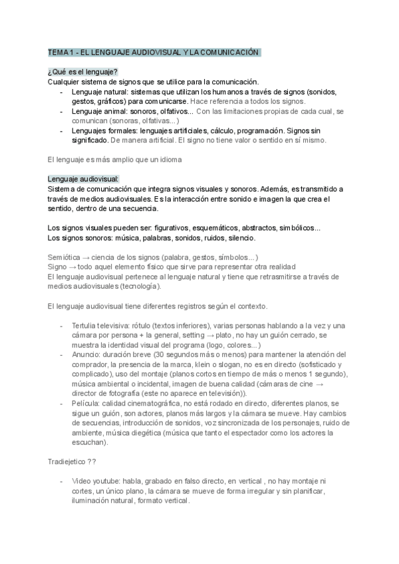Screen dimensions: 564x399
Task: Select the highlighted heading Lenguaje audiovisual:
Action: (x=83, y=180)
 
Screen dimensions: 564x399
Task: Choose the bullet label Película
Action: (x=88, y=404)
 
